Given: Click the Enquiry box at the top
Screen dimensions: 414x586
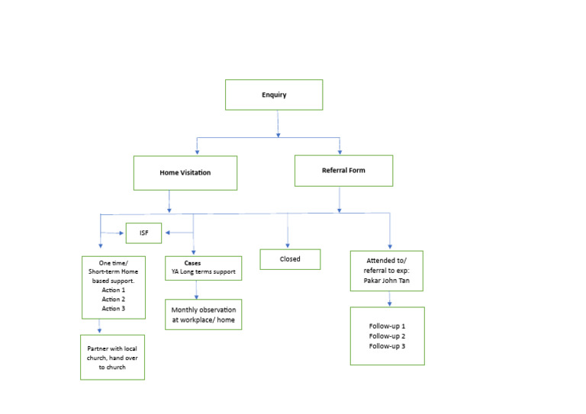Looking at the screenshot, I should [274, 95].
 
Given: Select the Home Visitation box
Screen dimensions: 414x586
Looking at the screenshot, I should [185, 173].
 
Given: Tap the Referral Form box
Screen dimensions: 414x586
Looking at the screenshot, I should [343, 171].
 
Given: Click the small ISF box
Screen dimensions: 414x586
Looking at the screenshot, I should [143, 233].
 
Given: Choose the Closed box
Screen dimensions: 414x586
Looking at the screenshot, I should [290, 259].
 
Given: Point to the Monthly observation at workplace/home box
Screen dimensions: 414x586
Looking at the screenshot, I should [203, 315].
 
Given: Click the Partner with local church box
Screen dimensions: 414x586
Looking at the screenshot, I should [112, 358].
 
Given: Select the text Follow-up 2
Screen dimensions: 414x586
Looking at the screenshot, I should [387, 336].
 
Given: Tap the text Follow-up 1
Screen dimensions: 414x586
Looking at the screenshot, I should [387, 326].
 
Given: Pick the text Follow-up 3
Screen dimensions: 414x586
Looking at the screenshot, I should [387, 346].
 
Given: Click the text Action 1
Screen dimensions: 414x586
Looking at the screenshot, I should [112, 289].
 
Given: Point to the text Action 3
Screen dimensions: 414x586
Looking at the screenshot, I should [112, 307].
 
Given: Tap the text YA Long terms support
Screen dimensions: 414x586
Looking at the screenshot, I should [203, 272].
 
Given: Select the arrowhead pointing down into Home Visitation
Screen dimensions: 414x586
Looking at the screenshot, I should [198, 150].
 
